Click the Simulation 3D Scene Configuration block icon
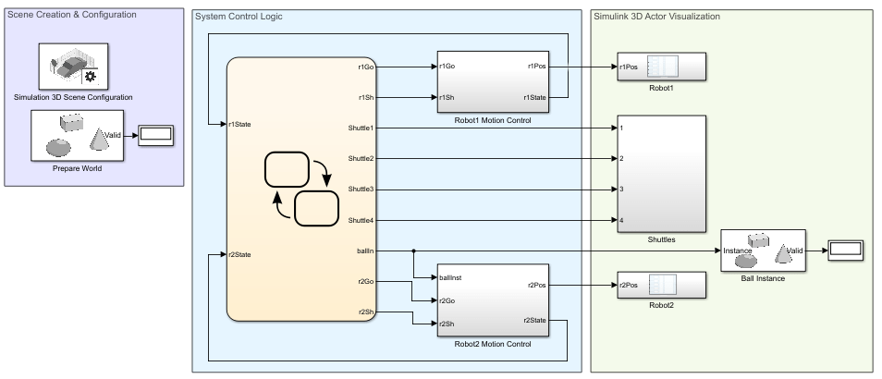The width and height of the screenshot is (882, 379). (x=73, y=66)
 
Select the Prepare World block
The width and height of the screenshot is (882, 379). (x=78, y=136)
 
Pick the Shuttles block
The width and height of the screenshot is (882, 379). (x=661, y=173)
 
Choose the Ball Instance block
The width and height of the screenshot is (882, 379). (x=763, y=250)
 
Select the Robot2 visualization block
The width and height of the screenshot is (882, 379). (x=661, y=286)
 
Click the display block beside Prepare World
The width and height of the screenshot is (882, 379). (x=155, y=135)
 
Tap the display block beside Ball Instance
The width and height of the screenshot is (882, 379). (x=845, y=250)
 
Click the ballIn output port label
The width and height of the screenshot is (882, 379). (x=365, y=251)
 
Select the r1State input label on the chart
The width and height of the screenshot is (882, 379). (x=239, y=124)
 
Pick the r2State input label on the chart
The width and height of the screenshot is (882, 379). (x=239, y=254)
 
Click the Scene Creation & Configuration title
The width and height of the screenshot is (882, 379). (x=71, y=15)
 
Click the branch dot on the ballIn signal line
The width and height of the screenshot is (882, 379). (x=413, y=251)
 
